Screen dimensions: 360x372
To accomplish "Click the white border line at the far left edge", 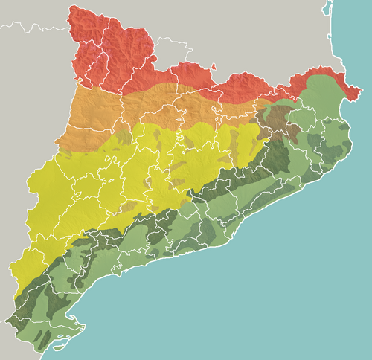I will click(x=4, y=29).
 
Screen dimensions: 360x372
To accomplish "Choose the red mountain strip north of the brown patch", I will click(x=246, y=86).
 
